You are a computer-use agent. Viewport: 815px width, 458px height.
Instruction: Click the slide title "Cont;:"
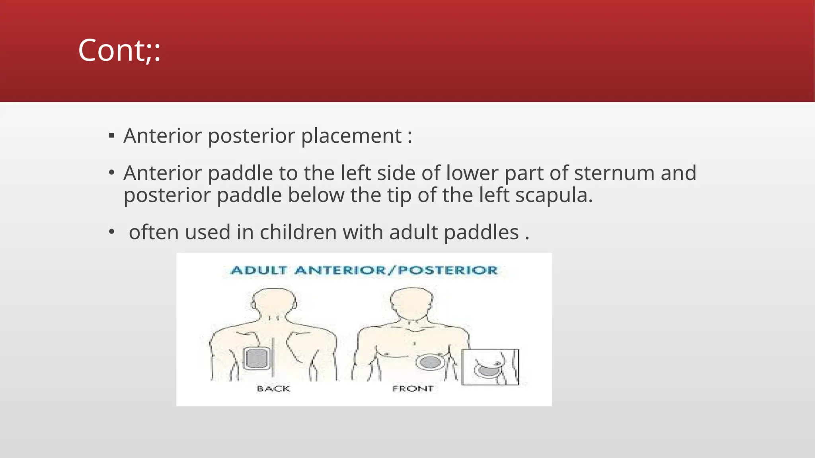(x=119, y=50)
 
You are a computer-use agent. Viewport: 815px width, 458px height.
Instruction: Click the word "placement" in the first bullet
(x=351, y=136)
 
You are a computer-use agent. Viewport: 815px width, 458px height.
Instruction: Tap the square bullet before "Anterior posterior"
(x=111, y=136)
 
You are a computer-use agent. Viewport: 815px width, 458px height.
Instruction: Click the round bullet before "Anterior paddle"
(x=111, y=173)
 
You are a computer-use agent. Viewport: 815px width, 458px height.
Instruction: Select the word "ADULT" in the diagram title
(x=259, y=270)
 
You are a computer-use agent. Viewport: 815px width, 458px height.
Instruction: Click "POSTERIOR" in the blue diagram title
(x=448, y=270)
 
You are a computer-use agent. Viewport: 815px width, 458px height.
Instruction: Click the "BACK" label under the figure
(x=273, y=388)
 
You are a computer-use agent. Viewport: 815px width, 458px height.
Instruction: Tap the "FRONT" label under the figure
(x=413, y=388)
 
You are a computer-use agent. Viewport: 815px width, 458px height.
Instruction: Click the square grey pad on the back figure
(x=257, y=359)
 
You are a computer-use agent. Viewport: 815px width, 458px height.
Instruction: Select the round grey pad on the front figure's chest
(x=430, y=362)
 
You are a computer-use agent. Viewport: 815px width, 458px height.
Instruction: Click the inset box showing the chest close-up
(x=490, y=367)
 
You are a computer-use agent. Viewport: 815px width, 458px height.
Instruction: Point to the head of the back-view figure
(x=274, y=302)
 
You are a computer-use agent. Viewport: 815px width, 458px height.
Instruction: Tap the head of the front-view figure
(x=411, y=301)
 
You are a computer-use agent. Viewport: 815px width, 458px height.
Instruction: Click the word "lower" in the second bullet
(x=472, y=173)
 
